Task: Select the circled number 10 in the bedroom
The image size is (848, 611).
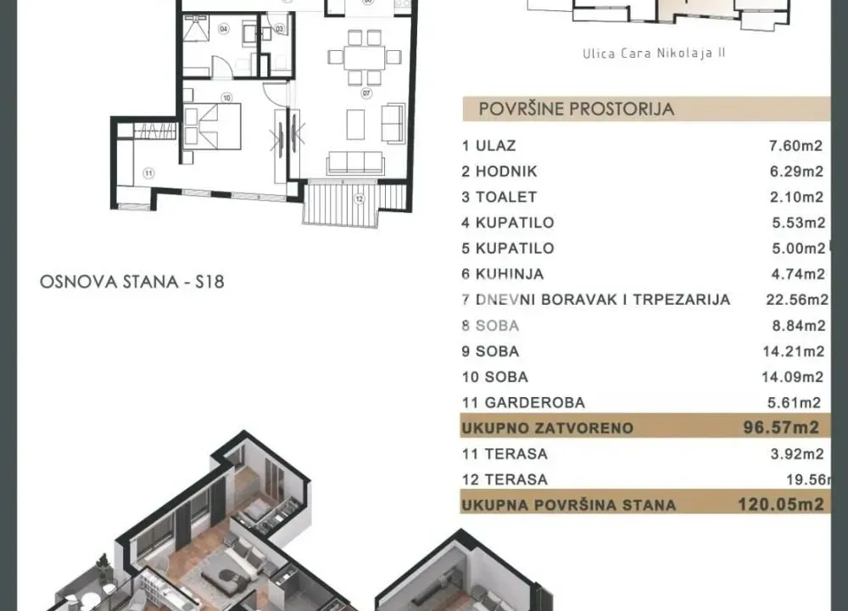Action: (226, 98)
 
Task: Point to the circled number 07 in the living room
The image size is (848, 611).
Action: (367, 92)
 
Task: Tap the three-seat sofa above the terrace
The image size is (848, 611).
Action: (355, 161)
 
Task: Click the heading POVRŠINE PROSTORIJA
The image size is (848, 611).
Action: (577, 109)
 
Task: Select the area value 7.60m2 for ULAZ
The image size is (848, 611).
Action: (795, 146)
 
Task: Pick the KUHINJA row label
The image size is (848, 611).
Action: (503, 274)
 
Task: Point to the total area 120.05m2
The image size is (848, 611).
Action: (780, 505)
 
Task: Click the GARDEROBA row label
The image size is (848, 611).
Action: (523, 402)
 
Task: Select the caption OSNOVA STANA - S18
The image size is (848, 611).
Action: (132, 282)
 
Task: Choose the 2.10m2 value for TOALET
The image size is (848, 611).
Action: (795, 197)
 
